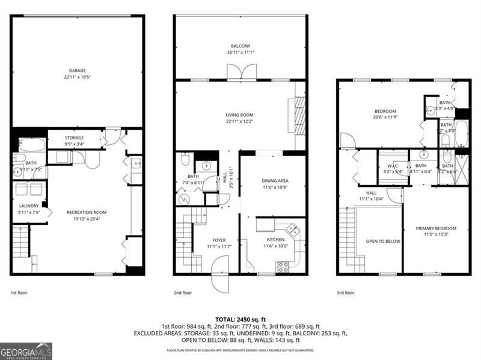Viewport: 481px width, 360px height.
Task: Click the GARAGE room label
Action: click(x=76, y=70)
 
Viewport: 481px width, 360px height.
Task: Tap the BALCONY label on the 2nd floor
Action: click(x=240, y=46)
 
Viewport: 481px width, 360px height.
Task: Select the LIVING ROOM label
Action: click(x=240, y=115)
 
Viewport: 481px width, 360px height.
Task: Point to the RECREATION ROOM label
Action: click(x=87, y=212)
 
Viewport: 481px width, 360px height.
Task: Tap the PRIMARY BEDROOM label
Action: click(x=436, y=228)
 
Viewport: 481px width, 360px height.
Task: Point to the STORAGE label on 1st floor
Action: click(x=75, y=138)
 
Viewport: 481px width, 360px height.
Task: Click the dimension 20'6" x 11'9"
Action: click(x=385, y=118)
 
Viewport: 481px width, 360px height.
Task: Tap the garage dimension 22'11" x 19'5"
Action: click(x=76, y=77)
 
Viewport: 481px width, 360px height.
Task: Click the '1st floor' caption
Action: click(x=19, y=293)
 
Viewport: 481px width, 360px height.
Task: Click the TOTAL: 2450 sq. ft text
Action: click(x=240, y=319)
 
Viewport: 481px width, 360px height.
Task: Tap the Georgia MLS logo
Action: click(x=26, y=351)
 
